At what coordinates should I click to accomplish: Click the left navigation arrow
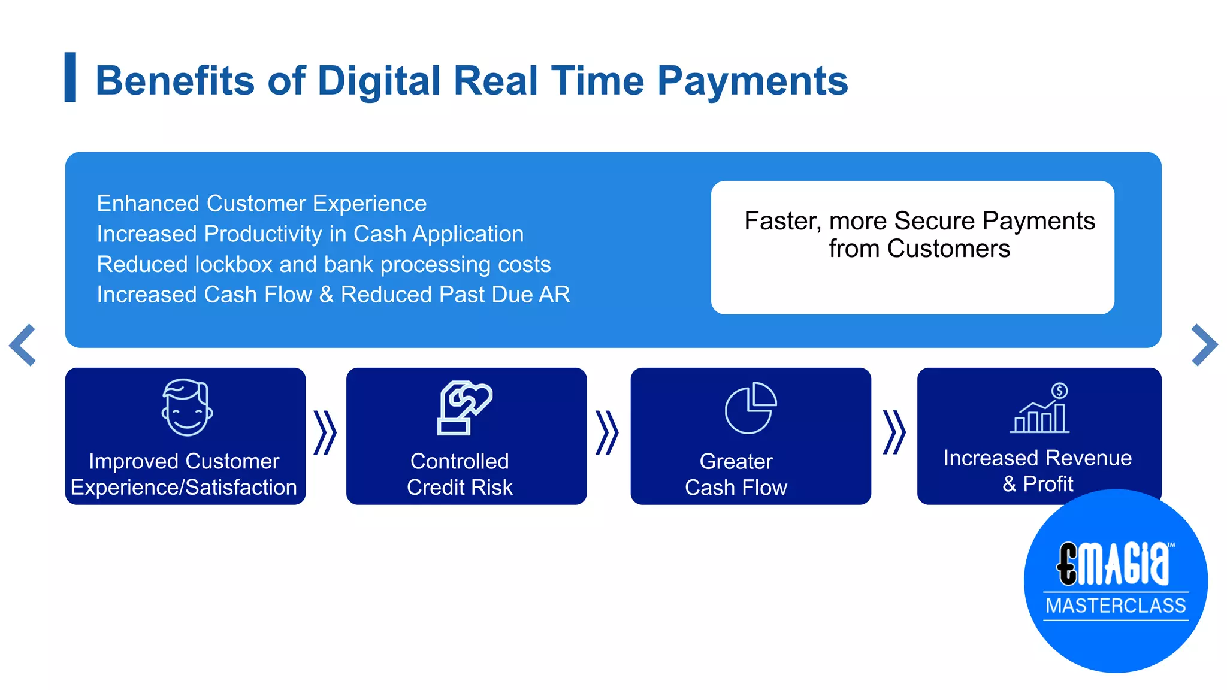pos(23,345)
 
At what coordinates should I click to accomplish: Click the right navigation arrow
pos(1204,345)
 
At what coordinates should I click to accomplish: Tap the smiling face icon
pos(187,407)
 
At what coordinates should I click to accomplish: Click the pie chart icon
pos(750,408)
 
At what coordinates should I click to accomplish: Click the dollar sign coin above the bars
pos(1059,391)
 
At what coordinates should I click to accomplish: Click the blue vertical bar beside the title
pos(70,77)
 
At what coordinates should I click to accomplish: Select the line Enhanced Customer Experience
pos(262,204)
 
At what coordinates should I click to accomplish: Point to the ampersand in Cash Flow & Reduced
pos(327,295)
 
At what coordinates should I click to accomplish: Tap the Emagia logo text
pos(1113,564)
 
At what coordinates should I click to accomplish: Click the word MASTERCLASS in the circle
pos(1116,606)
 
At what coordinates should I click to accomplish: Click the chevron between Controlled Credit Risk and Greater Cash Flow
pos(607,432)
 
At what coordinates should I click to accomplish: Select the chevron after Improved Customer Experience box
pos(325,432)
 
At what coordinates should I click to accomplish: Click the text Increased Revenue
pos(1038,458)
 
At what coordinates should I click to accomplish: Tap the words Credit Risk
pos(460,488)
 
